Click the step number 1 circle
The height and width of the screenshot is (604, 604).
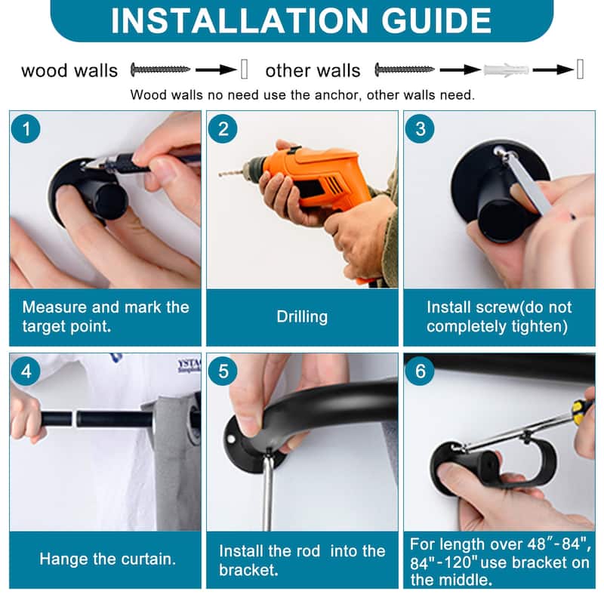pos(26,129)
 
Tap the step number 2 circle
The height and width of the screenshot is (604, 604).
pos(223,129)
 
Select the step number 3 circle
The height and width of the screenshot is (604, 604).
pos(421,129)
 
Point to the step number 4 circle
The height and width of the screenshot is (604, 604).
pos(26,371)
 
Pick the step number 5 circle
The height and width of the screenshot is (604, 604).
pos(223,371)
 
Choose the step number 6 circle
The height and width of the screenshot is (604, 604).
pos(421,371)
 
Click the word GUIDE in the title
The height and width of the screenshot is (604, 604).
pos(436,20)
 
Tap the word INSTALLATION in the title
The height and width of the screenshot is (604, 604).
pos(239,20)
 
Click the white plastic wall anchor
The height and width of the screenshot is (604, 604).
pos(506,70)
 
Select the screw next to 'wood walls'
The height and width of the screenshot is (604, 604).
pos(160,69)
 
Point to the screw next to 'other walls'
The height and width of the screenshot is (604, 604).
pos(405,69)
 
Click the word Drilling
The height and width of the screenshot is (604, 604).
pos(302,316)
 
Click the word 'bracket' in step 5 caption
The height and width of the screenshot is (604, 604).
pos(248,570)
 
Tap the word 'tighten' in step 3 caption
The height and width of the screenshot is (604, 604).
pos(539,327)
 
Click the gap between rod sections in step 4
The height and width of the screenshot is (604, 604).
pos(74,419)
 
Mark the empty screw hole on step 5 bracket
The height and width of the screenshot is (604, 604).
pos(231,439)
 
